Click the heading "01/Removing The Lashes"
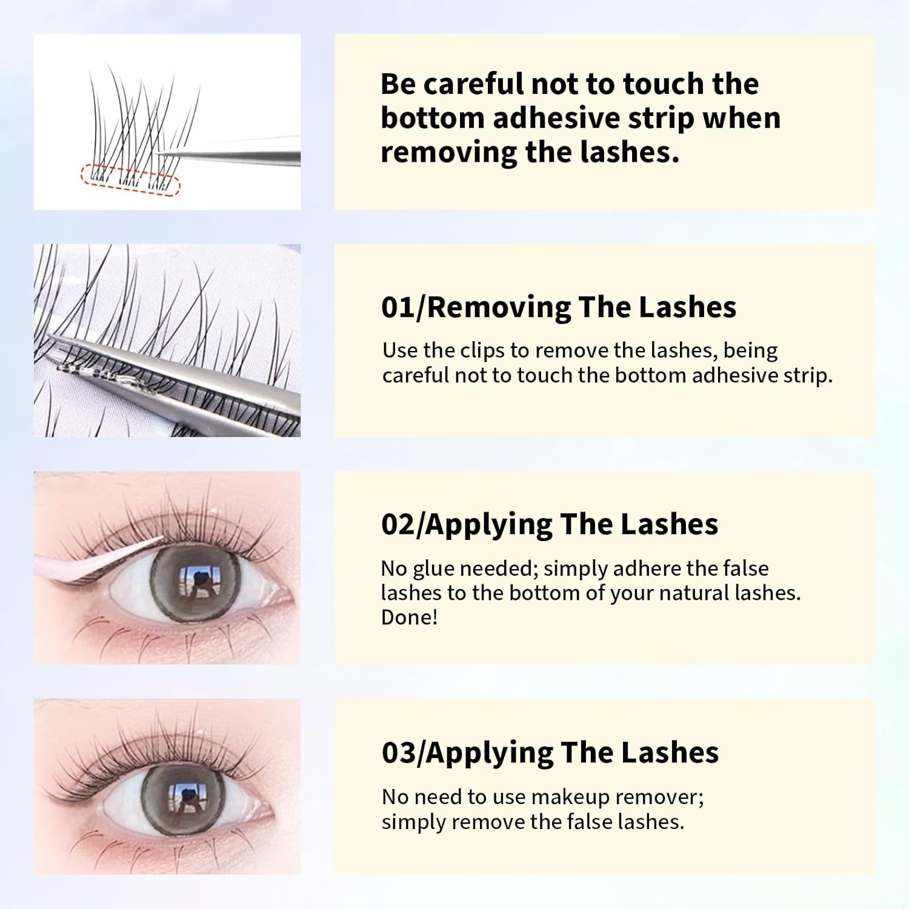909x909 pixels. point(558,307)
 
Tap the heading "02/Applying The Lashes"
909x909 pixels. point(549,524)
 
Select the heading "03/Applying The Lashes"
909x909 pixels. point(550,753)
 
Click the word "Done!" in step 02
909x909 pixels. point(409,618)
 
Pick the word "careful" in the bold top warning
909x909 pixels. point(473,84)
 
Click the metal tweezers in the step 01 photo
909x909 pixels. point(182,376)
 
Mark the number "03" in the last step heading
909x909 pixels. point(399,753)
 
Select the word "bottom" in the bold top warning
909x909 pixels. point(431,118)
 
